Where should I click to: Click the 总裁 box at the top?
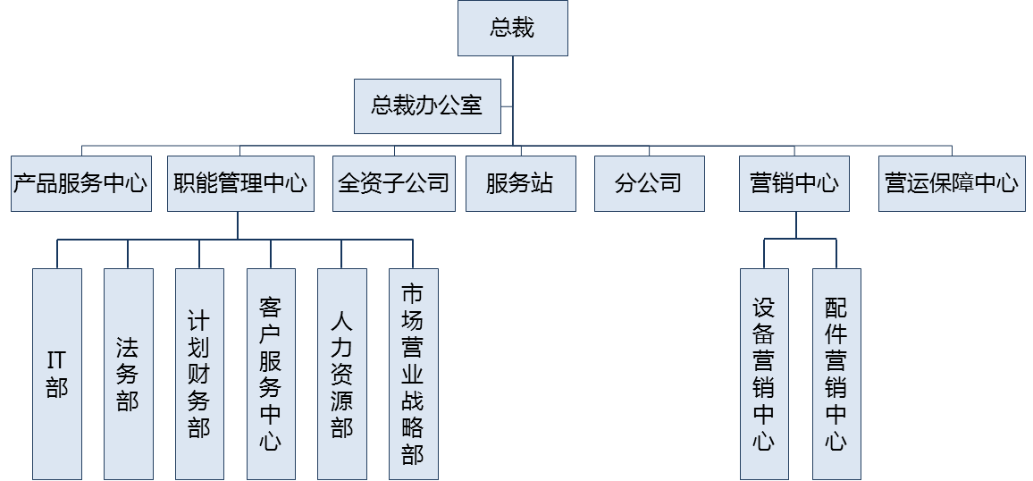coord(512,28)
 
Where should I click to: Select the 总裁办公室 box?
coord(427,106)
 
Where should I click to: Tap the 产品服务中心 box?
coord(80,184)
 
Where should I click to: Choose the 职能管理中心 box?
coord(240,184)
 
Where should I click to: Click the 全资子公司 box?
coord(394,184)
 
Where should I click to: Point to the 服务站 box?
coord(520,184)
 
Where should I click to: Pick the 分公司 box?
coord(649,184)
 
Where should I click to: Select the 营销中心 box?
coord(794,184)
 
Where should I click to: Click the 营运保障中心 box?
coord(952,184)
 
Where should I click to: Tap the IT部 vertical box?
coord(57,374)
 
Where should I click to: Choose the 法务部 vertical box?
coord(128,374)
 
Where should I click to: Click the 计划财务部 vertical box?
coord(199,374)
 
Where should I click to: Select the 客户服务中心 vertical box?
coord(271,374)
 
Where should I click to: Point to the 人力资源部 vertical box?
coord(341,374)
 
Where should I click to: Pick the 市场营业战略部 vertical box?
coord(413,374)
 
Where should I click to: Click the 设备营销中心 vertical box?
coord(764,374)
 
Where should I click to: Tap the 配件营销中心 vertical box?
coord(836,374)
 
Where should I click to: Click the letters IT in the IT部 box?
coord(57,360)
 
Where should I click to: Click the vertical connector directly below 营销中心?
coord(794,225)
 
